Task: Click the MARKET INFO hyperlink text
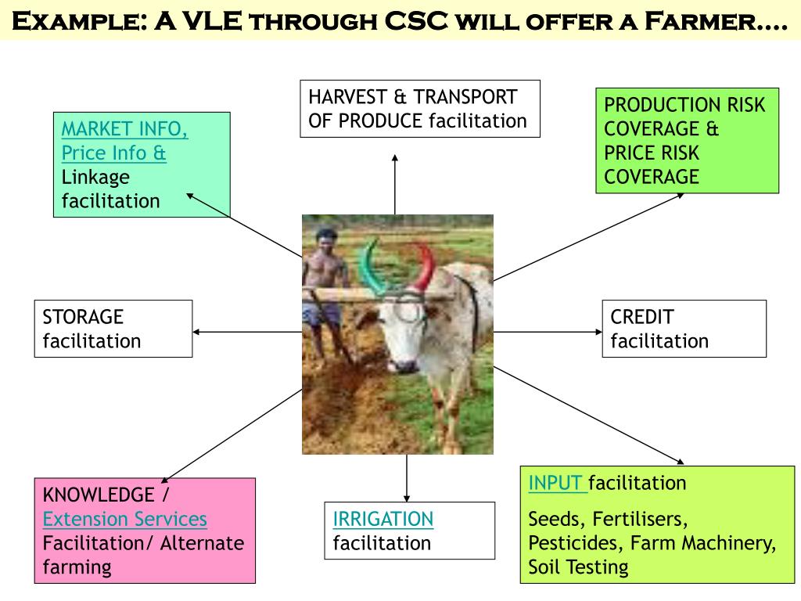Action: coord(124,128)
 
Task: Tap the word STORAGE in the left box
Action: coord(83,317)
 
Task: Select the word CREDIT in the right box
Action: coord(641,317)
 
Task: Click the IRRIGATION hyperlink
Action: coord(383,519)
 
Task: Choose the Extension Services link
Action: coord(124,519)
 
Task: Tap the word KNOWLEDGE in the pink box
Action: coord(99,495)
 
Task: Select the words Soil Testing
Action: coord(578,567)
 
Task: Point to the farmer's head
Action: coord(325,238)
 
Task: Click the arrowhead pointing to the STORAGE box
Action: coord(197,332)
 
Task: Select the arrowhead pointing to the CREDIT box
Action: coord(598,332)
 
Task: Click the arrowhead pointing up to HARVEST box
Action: coord(395,159)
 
